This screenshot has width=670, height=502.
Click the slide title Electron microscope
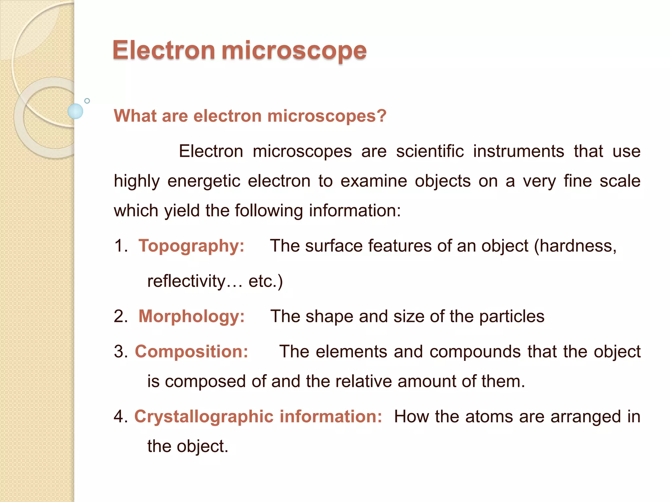[239, 51]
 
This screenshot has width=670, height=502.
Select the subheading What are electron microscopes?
[250, 116]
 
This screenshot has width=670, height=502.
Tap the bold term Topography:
[191, 246]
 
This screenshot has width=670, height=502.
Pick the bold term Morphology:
[191, 316]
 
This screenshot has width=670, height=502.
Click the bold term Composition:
[191, 352]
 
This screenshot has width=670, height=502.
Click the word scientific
[430, 151]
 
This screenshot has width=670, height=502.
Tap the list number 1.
[120, 246]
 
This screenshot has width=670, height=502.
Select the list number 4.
[120, 417]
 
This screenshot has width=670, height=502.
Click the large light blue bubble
[75, 111]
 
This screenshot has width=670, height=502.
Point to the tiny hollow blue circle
[87, 101]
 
